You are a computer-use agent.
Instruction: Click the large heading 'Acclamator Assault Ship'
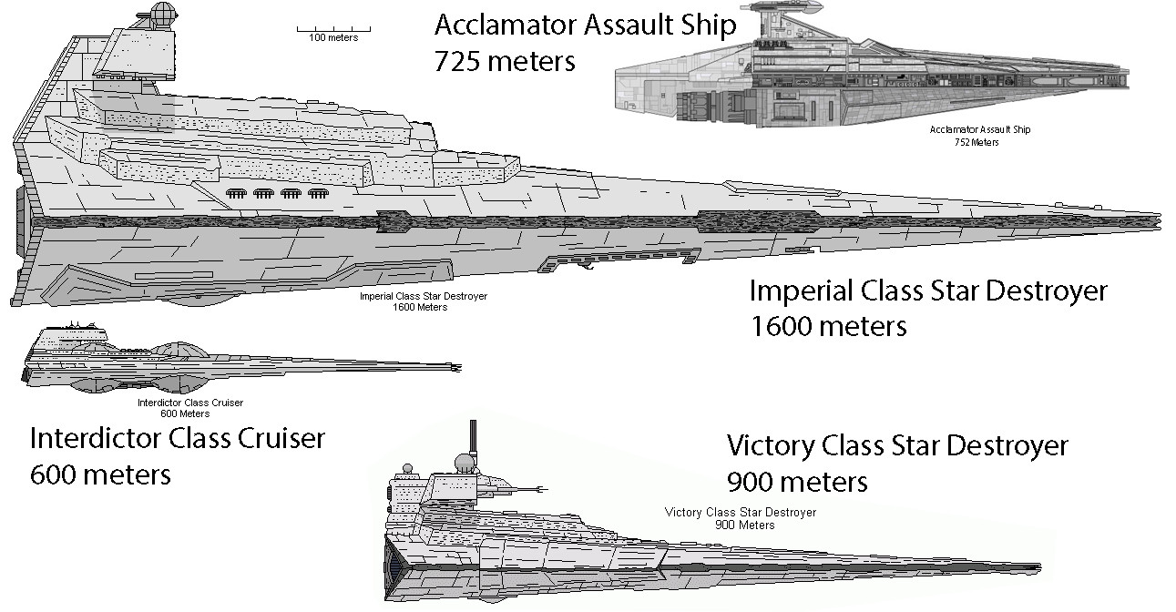[585, 25]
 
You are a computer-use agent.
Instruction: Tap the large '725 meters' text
[505, 62]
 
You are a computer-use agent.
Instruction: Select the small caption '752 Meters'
[978, 142]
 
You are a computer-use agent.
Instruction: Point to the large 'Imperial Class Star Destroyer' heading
[927, 291]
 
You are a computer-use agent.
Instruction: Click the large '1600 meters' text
[828, 326]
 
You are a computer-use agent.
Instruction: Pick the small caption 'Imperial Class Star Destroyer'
[423, 297]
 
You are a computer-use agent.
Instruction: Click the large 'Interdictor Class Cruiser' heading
[177, 439]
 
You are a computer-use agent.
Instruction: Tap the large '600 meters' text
[100, 474]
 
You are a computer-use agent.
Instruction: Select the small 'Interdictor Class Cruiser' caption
[189, 403]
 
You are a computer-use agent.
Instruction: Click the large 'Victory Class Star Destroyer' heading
[896, 446]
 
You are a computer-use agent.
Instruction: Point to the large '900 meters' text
[797, 481]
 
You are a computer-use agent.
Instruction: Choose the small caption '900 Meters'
[745, 525]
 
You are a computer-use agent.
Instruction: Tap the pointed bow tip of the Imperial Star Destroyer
[1159, 219]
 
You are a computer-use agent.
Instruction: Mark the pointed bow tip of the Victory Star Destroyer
[1038, 566]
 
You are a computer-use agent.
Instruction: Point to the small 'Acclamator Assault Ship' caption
[979, 130]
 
